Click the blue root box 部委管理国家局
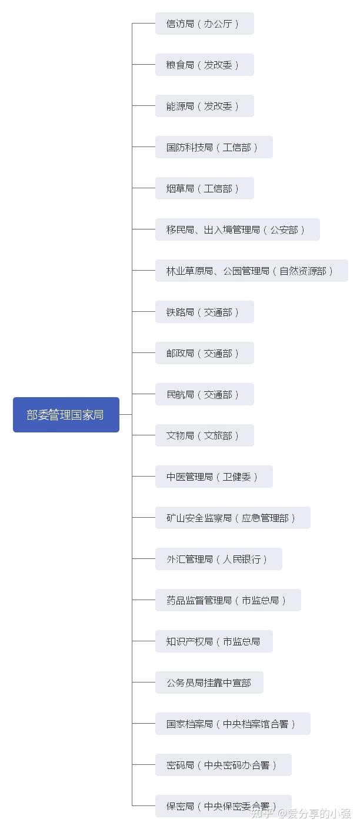pos(66,415)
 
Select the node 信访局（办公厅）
pos(204,24)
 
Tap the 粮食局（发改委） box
pos(204,65)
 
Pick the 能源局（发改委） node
pos(204,106)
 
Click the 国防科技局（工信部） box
pos(214,147)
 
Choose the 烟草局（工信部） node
pos(204,188)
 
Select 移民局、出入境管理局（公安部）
pos(237,229)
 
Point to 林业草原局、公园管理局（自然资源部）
pos(251,271)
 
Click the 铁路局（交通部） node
pos(204,312)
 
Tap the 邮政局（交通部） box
pos(204,353)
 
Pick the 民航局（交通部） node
pos(204,394)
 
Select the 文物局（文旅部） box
pos(204,435)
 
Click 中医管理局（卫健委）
pos(214,477)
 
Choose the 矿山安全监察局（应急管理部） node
pos(232,518)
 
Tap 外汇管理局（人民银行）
pos(218,559)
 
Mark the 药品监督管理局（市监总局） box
pos(228,600)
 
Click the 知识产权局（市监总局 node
pos(214,641)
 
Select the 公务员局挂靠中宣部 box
pos(209,682)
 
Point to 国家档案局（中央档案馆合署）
pos(232,724)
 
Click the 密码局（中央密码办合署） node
pos(223,765)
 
